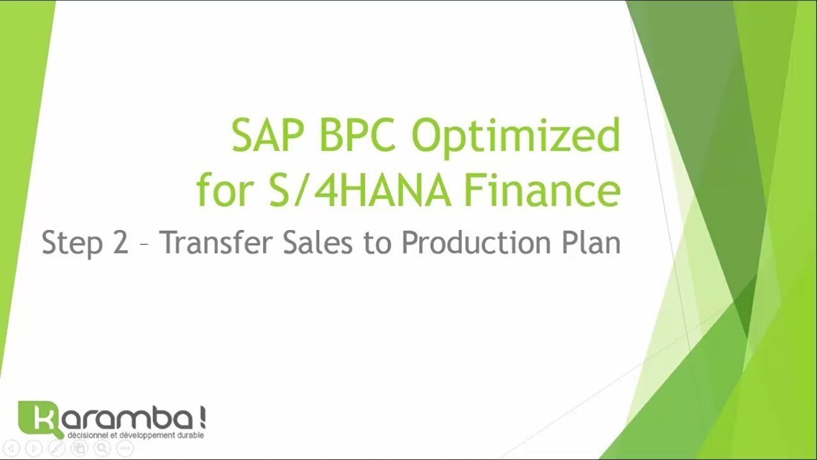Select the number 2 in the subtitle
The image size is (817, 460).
point(121,241)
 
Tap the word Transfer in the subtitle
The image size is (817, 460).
point(216,241)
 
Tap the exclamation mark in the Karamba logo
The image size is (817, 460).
point(203,418)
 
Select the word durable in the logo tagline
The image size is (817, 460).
point(190,436)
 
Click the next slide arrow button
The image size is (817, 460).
point(34,448)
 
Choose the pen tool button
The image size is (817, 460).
point(57,448)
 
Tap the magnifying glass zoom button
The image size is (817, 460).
point(102,448)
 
